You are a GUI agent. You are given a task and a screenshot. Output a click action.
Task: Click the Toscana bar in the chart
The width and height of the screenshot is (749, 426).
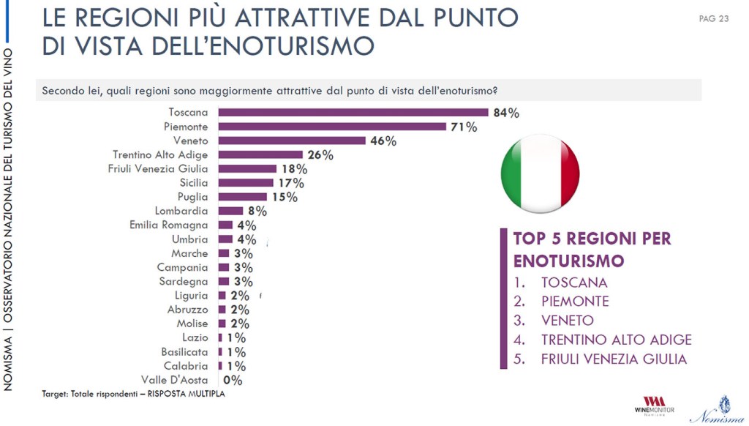(x=353, y=112)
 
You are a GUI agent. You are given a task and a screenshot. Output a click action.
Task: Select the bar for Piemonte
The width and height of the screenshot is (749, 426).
(x=332, y=127)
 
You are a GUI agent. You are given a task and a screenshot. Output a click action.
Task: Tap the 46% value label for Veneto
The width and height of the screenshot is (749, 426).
(x=383, y=141)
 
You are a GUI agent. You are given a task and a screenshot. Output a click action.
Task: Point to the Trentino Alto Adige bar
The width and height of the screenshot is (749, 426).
(x=260, y=154)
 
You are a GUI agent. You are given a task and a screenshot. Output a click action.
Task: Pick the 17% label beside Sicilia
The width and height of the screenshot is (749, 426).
(x=290, y=183)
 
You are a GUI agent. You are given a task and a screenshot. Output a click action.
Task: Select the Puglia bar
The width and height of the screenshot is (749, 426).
(x=243, y=197)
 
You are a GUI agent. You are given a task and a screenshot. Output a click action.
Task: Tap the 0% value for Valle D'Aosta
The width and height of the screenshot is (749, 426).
(x=233, y=380)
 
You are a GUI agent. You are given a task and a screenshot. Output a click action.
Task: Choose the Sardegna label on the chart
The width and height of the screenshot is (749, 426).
(x=184, y=281)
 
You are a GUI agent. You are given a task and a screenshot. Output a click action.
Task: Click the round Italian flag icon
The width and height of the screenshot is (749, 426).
(x=540, y=173)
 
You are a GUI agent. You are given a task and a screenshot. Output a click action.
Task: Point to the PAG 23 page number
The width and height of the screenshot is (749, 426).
(x=714, y=18)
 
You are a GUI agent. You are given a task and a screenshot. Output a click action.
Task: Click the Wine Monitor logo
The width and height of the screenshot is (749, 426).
(x=654, y=406)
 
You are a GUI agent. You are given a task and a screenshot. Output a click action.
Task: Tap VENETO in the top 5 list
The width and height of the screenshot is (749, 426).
(x=568, y=321)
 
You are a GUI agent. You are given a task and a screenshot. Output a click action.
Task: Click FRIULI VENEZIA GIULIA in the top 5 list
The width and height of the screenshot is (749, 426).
(x=614, y=359)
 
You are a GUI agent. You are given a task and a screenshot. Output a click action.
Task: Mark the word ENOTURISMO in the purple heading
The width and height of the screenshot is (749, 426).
(x=568, y=261)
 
